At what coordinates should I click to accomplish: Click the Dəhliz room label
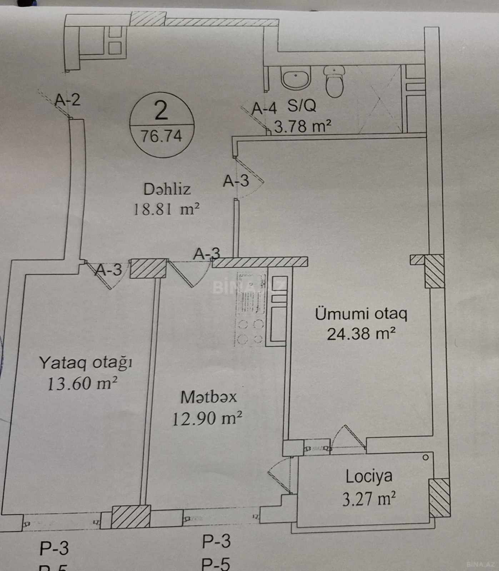coord(167,189)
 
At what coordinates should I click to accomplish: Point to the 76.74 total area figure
coord(161,136)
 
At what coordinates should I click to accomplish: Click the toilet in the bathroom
coord(335,82)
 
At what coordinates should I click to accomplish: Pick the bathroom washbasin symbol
coord(296,79)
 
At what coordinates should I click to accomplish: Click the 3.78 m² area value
coord(302,126)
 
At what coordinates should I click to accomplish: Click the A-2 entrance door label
coord(68,100)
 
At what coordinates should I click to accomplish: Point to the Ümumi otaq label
coord(361,314)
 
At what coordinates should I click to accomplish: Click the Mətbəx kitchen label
coord(208,397)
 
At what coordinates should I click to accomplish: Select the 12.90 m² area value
coord(207,418)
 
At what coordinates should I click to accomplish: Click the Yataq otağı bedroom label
coord(85,363)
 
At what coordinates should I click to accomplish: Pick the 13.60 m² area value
coord(82,384)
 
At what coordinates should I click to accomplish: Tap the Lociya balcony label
coord(369,476)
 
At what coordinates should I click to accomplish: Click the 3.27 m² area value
coord(369,499)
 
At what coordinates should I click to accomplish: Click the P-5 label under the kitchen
coord(216,564)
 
